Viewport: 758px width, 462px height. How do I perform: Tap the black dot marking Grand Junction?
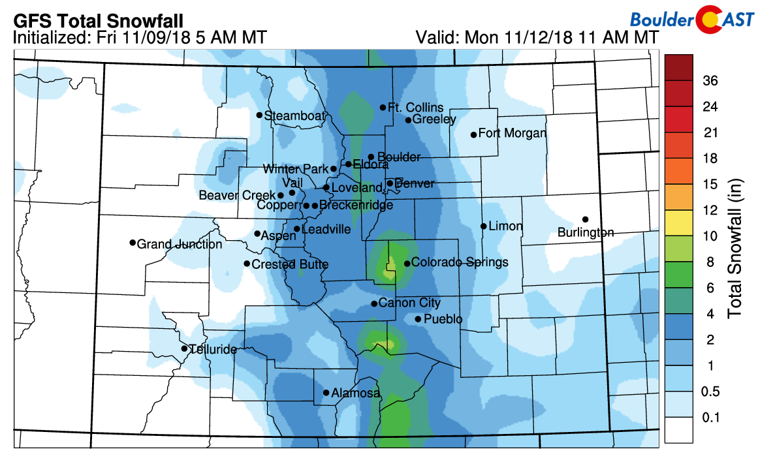tap(133, 243)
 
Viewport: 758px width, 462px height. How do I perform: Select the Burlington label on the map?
tap(586, 232)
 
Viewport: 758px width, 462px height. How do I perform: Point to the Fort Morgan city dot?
tap(473, 135)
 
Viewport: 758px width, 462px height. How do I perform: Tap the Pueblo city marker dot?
tap(418, 319)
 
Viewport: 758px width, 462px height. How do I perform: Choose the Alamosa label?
tap(356, 393)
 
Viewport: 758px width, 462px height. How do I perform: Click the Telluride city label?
tap(213, 350)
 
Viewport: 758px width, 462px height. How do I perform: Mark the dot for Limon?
tap(483, 226)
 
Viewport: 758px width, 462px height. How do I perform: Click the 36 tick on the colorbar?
tap(710, 81)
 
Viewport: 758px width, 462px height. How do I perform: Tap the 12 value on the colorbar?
tap(710, 210)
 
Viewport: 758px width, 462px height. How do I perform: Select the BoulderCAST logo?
tap(693, 20)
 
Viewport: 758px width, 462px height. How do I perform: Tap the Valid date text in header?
tap(537, 38)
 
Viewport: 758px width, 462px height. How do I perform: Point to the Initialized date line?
tap(139, 38)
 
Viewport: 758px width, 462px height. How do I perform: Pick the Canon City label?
tap(409, 303)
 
